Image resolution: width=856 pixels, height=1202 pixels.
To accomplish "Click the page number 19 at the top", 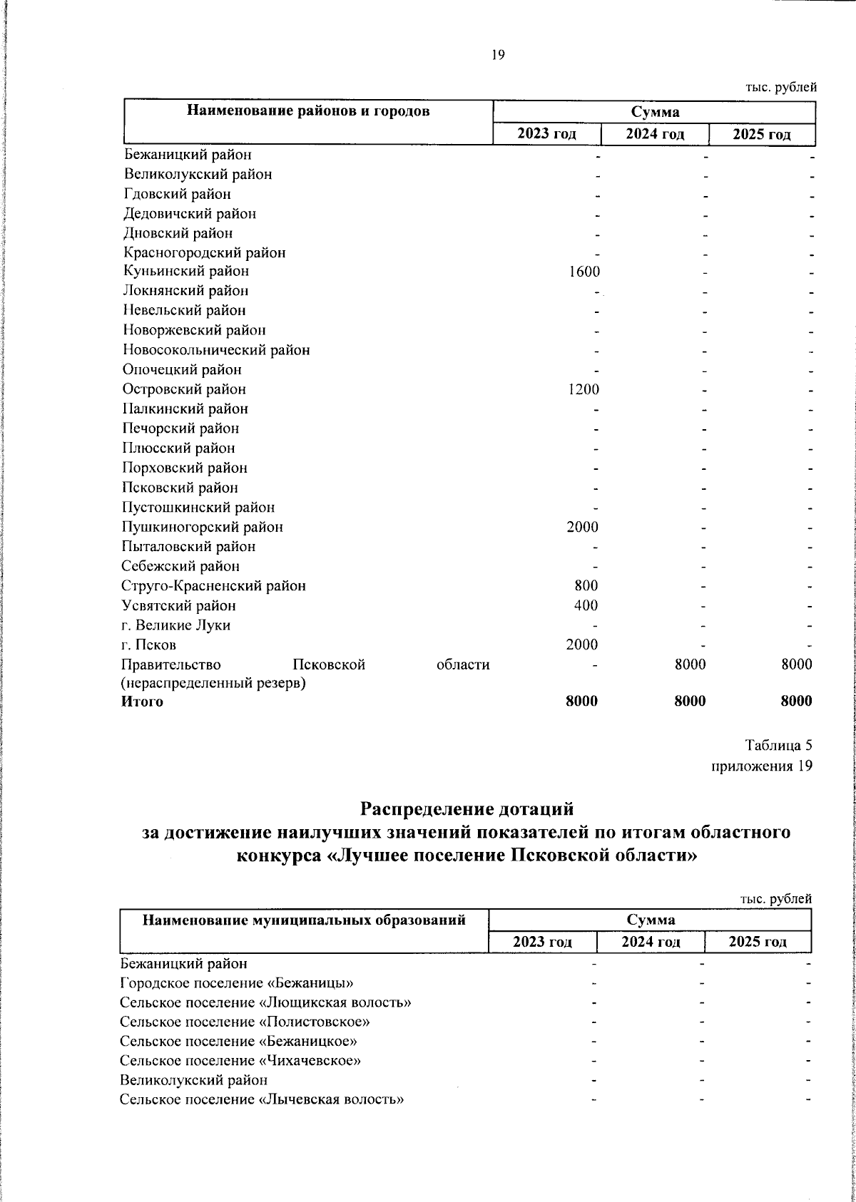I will point(498,56).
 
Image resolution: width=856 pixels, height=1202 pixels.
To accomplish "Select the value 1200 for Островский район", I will point(584,389).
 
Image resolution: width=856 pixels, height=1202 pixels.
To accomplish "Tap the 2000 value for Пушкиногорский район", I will point(583,527).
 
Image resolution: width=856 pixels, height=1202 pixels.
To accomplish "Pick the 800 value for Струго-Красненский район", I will point(586,586).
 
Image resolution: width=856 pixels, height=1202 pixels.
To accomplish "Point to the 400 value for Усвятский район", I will point(586,605).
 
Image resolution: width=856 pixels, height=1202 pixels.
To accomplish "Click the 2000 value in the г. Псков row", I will point(582,645).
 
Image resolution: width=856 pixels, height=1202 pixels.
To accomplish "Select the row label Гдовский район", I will point(178,194).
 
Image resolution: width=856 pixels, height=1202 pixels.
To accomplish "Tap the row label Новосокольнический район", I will point(216,350).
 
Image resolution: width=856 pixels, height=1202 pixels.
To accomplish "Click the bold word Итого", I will point(143,702).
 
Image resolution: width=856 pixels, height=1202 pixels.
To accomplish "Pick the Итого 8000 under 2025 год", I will point(796,702).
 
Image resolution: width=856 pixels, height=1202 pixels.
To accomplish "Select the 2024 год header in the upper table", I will point(655,134).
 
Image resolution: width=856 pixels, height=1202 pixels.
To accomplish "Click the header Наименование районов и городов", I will point(308,111).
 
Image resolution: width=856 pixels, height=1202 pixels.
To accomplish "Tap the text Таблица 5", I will point(778,746).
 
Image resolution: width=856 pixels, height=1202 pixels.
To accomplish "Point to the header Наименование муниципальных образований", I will point(305,920).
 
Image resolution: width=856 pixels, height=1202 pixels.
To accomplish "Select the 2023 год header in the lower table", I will point(543,942).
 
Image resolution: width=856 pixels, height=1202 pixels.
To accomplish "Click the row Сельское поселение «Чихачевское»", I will point(240,1060).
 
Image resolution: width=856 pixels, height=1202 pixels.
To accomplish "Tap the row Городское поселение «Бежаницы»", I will point(237,982).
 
